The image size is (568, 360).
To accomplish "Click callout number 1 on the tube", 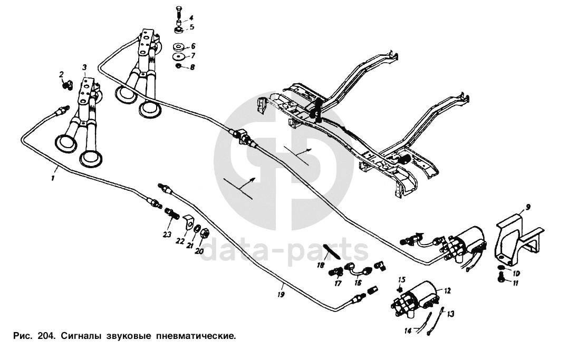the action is pos(53,179).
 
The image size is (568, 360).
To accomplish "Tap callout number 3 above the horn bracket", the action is pos(84,67).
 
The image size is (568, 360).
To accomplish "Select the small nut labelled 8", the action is pos(179,67).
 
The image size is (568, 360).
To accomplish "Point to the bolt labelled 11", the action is pos(501,282).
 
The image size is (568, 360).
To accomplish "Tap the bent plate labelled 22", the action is pos(188,224).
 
